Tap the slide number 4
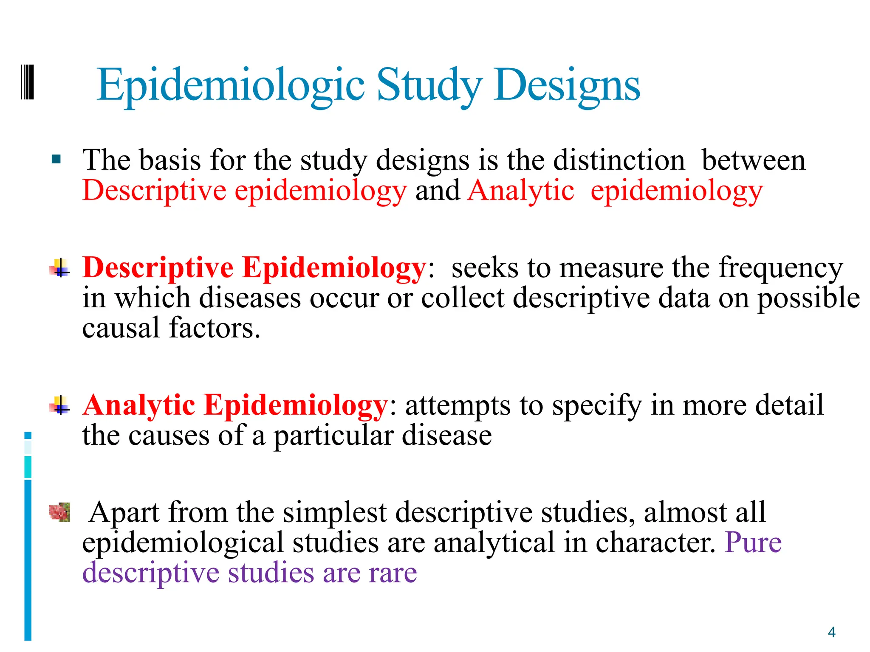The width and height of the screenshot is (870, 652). coord(831,632)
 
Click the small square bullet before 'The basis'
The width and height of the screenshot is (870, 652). coord(56,160)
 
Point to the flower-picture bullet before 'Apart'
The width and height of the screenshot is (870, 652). coord(59,512)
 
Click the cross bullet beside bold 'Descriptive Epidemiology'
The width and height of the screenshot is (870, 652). coord(60,268)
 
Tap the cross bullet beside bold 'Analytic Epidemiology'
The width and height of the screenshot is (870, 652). coord(60,405)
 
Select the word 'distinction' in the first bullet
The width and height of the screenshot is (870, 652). coord(619,160)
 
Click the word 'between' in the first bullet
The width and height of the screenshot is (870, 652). coord(753,160)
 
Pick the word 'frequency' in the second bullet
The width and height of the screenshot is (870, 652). coord(780,268)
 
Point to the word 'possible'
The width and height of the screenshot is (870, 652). coord(809,298)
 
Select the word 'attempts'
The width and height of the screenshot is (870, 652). coord(458,405)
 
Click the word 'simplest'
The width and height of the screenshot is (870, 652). coord(334,512)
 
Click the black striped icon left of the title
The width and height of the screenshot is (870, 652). coord(27,82)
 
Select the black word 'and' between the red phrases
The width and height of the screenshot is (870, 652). coord(437,190)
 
